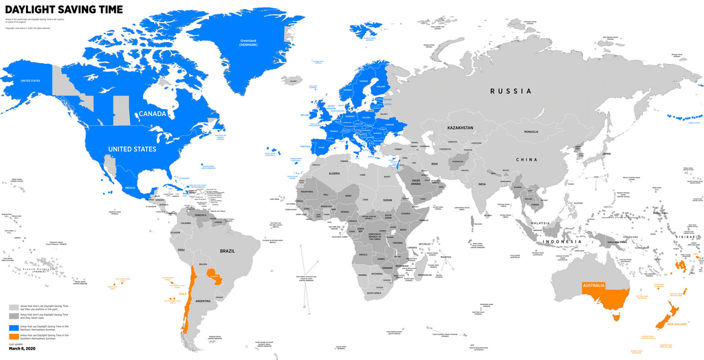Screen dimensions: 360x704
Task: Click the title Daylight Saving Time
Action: point(64,10)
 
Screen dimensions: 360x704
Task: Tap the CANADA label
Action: point(153,113)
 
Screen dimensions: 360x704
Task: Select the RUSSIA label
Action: point(511,91)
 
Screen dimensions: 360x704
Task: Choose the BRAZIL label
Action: point(227,251)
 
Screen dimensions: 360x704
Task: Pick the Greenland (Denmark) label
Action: point(248,42)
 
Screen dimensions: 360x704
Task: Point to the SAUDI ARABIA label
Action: point(412,183)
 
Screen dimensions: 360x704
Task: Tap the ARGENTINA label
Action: point(203,301)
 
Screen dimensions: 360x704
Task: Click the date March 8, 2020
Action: point(23,349)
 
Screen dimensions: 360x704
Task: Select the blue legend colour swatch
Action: point(14,328)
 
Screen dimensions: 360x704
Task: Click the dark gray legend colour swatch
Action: point(14,317)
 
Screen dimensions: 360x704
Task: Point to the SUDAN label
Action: point(387,200)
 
